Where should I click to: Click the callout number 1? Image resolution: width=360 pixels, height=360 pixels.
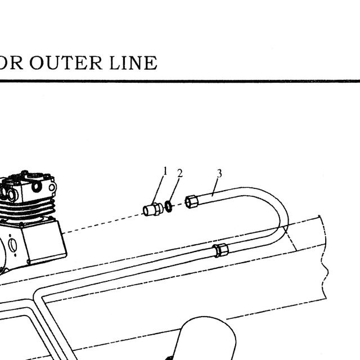[165, 171]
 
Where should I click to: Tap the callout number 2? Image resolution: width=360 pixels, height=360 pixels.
[180, 173]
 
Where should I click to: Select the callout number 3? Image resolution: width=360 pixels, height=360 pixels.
[219, 174]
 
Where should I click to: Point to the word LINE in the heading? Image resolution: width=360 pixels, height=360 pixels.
[133, 62]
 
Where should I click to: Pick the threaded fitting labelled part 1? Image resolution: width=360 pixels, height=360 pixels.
[152, 209]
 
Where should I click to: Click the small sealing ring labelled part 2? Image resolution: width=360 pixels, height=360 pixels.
[169, 206]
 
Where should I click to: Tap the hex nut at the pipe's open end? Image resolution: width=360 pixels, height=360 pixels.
[191, 201]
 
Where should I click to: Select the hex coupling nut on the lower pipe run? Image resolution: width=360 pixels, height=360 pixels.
[220, 250]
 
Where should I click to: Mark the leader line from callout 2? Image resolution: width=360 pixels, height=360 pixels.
[174, 190]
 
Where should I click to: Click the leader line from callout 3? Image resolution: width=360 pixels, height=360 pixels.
[214, 187]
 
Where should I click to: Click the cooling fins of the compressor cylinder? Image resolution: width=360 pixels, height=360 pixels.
[28, 209]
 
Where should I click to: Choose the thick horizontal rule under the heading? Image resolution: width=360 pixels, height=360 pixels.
[180, 81]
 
